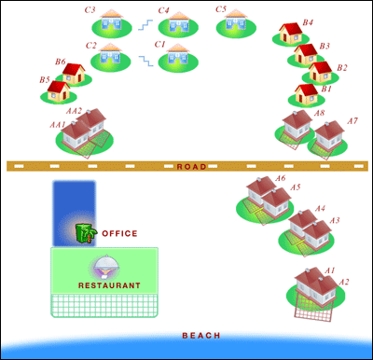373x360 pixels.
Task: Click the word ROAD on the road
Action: (x=191, y=166)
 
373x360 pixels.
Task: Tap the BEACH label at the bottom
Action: (x=201, y=336)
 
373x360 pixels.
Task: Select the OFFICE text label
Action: (x=119, y=233)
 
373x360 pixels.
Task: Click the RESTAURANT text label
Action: (x=109, y=284)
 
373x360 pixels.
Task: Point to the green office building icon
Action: (x=86, y=233)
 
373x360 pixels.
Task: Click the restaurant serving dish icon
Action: (x=107, y=266)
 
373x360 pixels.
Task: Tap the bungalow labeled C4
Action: (x=177, y=22)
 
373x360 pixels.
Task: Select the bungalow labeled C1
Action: (x=177, y=58)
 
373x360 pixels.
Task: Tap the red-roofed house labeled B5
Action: (x=59, y=90)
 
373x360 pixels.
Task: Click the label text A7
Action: (x=352, y=121)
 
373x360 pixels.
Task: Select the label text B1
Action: (x=326, y=90)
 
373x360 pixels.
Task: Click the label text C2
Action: (x=90, y=45)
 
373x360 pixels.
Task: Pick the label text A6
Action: (x=280, y=178)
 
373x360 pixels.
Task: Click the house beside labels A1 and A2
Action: (x=314, y=284)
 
